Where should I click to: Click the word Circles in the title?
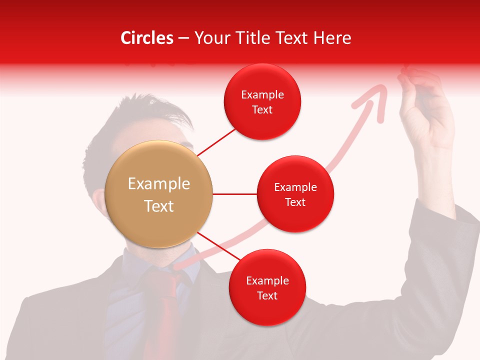146,38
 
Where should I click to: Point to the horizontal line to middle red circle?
235,194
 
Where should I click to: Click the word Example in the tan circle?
159,184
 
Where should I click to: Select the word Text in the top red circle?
262,110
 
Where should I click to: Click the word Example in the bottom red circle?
267,281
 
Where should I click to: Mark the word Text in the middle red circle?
295,202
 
